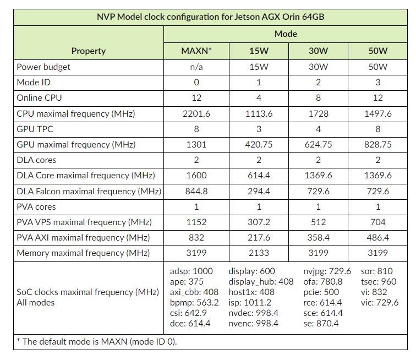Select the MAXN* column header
[x=196, y=51]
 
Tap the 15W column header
[x=257, y=51]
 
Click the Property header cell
[x=89, y=51]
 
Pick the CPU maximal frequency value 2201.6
[x=196, y=114]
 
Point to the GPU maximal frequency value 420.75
[x=257, y=145]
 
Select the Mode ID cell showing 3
[x=378, y=83]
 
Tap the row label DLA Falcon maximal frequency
[x=89, y=192]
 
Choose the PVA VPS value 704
[x=378, y=222]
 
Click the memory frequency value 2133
[x=257, y=253]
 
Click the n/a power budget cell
[x=196, y=67]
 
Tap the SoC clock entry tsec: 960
[x=379, y=281]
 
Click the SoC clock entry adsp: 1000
[x=191, y=271]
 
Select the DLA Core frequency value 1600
[x=196, y=176]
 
